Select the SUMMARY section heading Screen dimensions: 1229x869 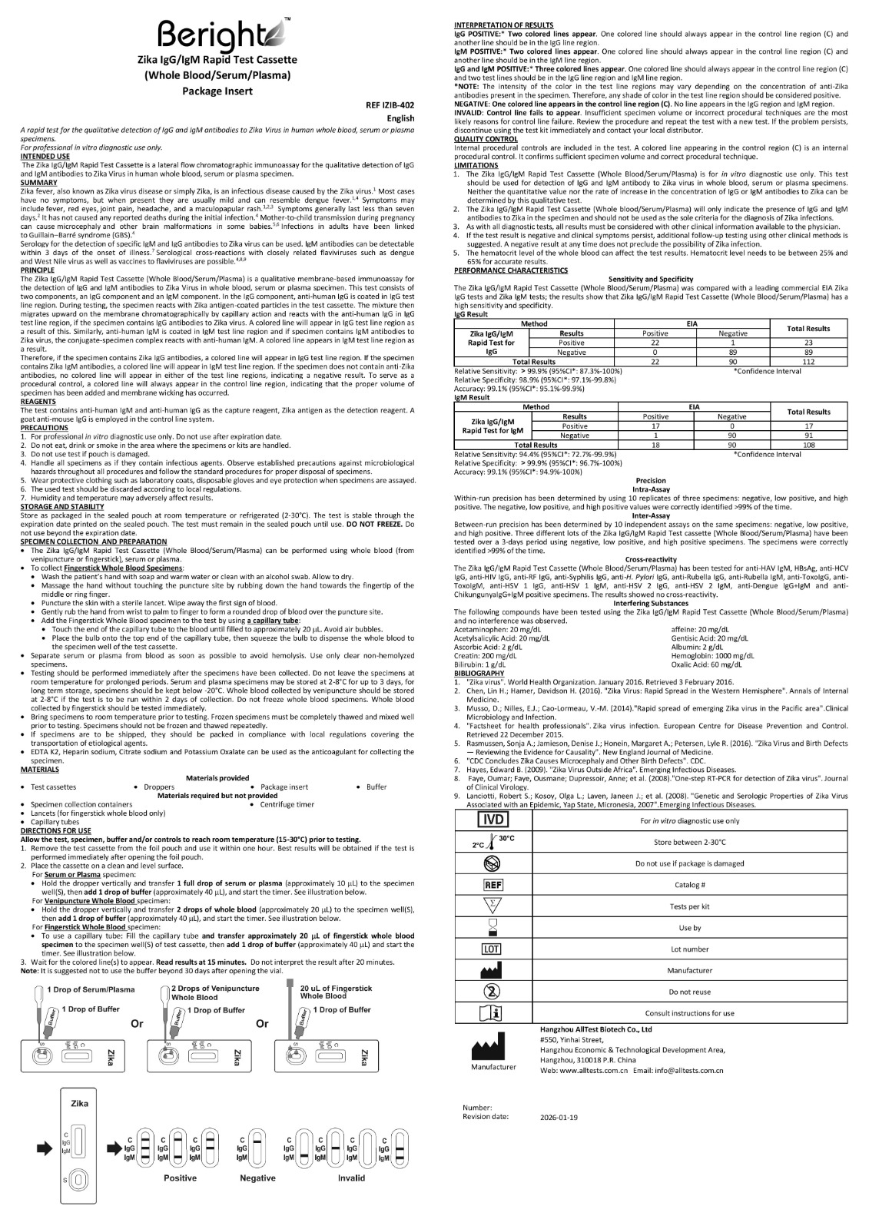[x=38, y=183]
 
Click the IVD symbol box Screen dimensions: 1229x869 [x=492, y=820]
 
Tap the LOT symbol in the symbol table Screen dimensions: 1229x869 [x=492, y=949]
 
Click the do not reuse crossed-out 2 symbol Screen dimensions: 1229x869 [x=492, y=991]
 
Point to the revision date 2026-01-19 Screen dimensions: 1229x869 [x=559, y=1117]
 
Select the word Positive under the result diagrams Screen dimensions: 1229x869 [x=180, y=1178]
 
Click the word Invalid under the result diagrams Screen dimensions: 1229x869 [x=351, y=1178]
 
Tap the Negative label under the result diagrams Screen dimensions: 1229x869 [x=257, y=1178]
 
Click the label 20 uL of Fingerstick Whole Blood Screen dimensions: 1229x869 [x=336, y=992]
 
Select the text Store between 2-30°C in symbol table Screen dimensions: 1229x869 [x=689, y=842]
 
